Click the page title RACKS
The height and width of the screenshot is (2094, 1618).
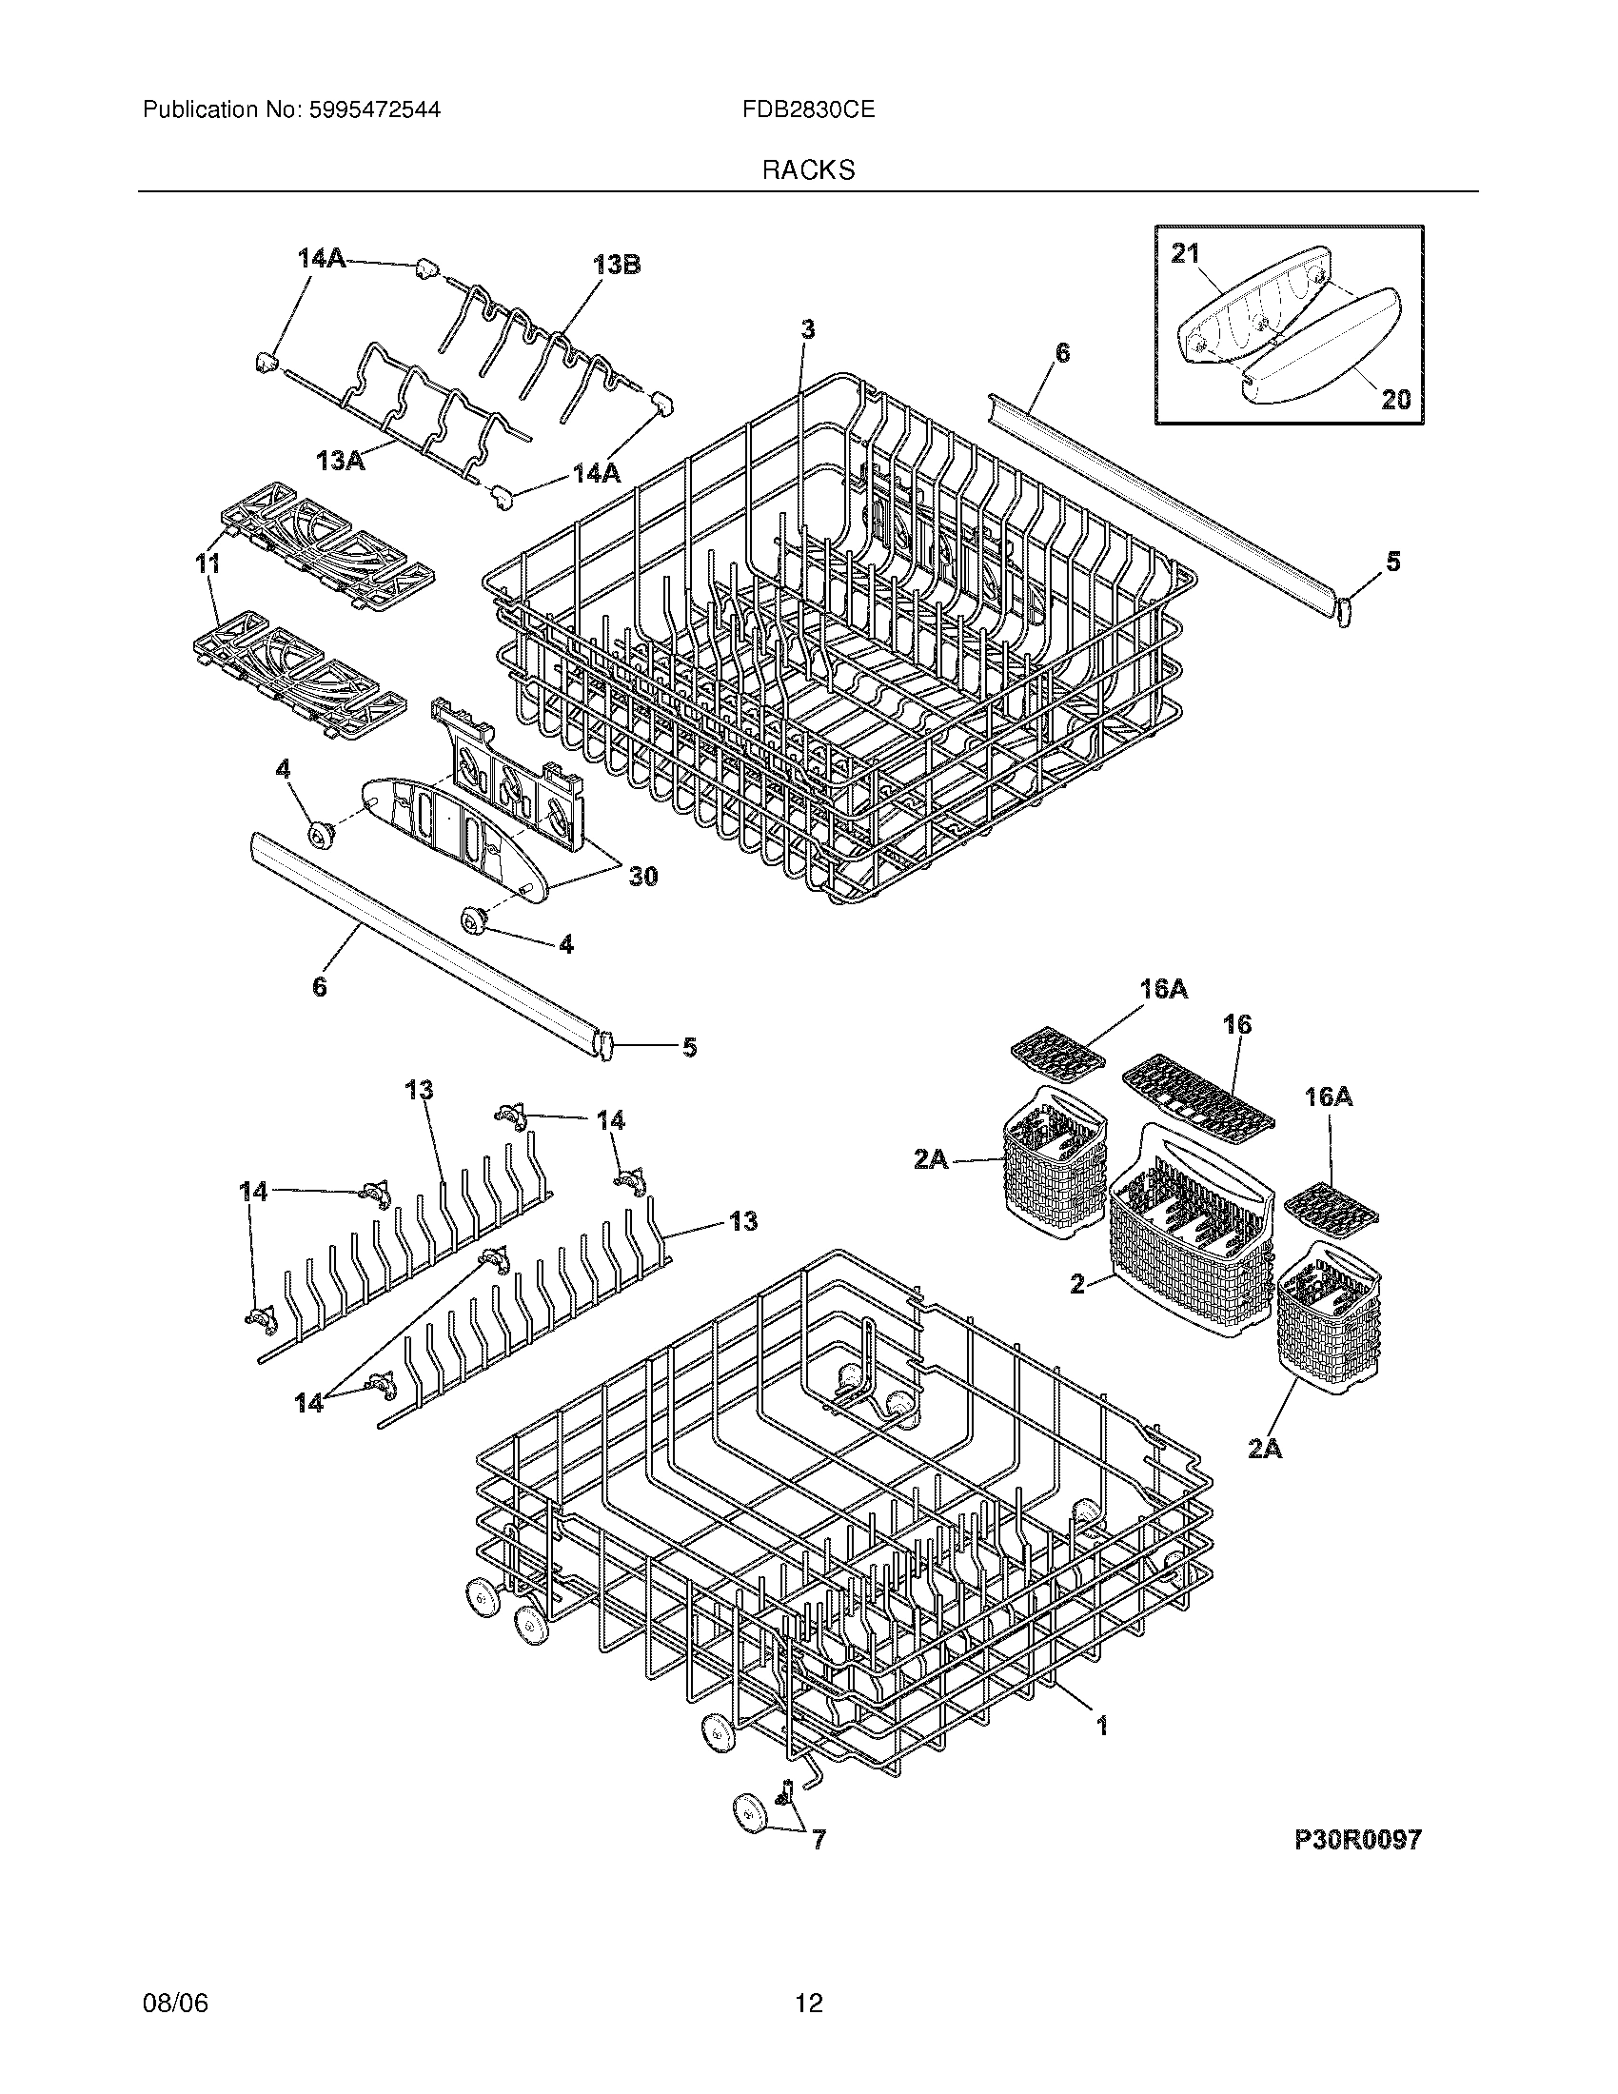(808, 170)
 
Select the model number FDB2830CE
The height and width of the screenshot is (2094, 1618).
(807, 110)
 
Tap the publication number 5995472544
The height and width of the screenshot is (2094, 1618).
(374, 110)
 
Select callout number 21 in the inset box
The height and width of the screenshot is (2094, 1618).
(1186, 253)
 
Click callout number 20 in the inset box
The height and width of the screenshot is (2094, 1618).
(1395, 399)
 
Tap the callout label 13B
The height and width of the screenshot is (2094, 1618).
(617, 265)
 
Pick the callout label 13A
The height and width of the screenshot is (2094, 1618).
(342, 462)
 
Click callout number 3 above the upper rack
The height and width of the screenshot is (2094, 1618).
(808, 330)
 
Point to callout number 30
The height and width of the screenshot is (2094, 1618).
(642, 876)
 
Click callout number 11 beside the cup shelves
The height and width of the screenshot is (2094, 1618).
(208, 563)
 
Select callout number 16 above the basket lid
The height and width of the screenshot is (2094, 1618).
(1237, 1024)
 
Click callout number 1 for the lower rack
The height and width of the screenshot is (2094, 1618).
(1102, 1726)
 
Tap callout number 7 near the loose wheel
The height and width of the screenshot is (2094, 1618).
(818, 1840)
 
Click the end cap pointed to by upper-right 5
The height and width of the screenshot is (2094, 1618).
(1343, 610)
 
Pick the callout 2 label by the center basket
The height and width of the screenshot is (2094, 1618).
(1077, 1283)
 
